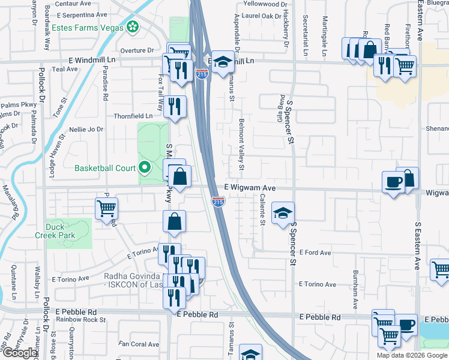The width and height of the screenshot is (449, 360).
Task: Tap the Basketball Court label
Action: (105, 168)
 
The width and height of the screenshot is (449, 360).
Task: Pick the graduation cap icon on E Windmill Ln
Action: (222, 61)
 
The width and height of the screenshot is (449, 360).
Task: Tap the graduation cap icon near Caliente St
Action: (283, 212)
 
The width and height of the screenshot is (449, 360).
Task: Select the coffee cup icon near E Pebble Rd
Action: (406, 325)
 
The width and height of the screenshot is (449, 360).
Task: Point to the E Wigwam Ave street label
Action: (250, 188)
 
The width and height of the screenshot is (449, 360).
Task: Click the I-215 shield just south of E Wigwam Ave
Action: (218, 202)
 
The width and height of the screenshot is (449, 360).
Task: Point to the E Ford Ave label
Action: (316, 253)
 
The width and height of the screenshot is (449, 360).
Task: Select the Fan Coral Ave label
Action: (139, 344)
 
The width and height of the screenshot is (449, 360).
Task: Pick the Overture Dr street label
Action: (137, 50)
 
